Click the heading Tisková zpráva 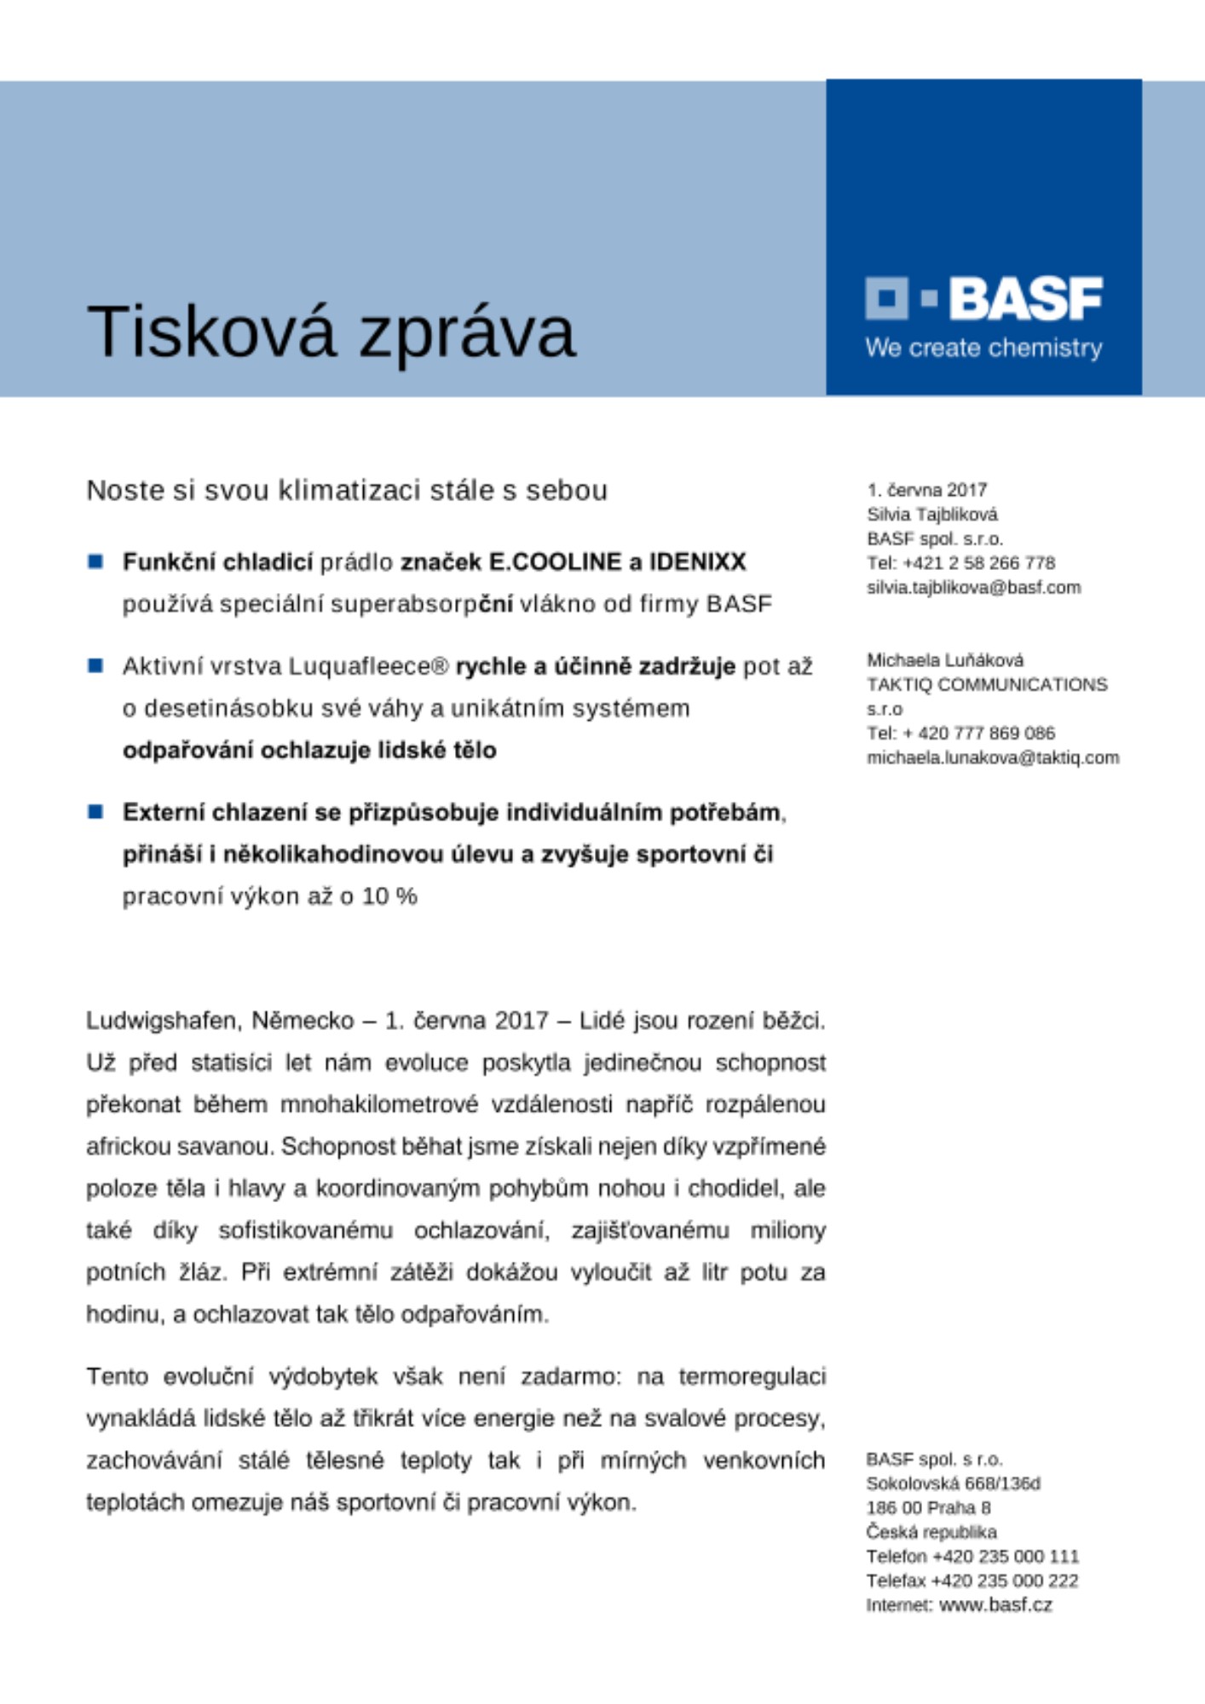pyautogui.click(x=331, y=331)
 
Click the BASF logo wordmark pyautogui.click(x=1024, y=298)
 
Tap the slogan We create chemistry pyautogui.click(x=983, y=348)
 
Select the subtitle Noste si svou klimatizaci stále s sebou pyautogui.click(x=347, y=491)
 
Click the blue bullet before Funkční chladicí pyautogui.click(x=95, y=561)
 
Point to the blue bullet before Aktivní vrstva pyautogui.click(x=95, y=665)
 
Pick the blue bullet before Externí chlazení pyautogui.click(x=95, y=812)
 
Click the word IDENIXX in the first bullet pyautogui.click(x=697, y=562)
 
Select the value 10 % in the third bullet pyautogui.click(x=389, y=896)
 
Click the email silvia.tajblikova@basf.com pyautogui.click(x=973, y=588)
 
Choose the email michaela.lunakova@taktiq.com pyautogui.click(x=992, y=758)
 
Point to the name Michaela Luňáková pyautogui.click(x=945, y=660)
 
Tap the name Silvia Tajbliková pyautogui.click(x=931, y=515)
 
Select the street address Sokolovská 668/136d pyautogui.click(x=953, y=1484)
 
